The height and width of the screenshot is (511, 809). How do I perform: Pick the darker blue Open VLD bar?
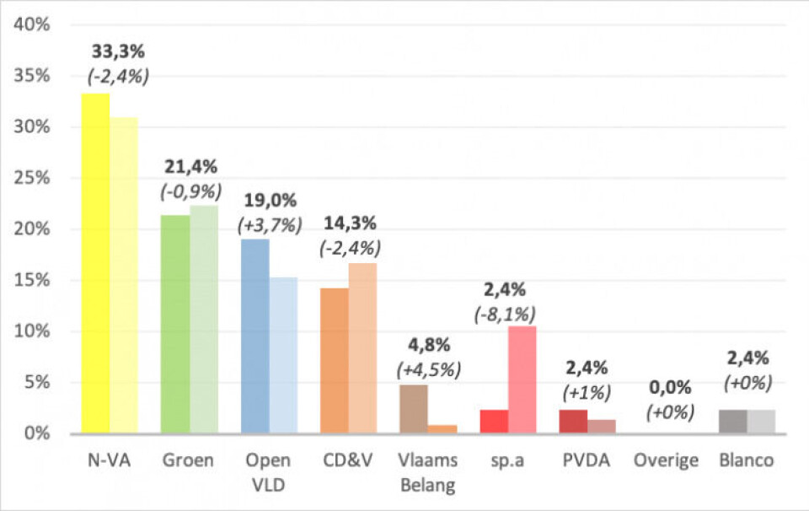pyautogui.click(x=254, y=336)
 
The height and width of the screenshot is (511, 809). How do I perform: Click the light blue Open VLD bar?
pyautogui.click(x=283, y=355)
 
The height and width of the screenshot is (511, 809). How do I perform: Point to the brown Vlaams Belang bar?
pyautogui.click(x=413, y=409)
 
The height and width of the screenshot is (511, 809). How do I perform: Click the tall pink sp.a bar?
pyautogui.click(x=522, y=379)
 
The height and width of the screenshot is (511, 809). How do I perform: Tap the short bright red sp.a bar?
pyautogui.click(x=494, y=422)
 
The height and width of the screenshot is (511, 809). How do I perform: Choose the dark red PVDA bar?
pyautogui.click(x=573, y=422)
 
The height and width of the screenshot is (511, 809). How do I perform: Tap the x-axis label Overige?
pyautogui.click(x=667, y=460)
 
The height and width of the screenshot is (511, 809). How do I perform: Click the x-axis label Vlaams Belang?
pyautogui.click(x=426, y=472)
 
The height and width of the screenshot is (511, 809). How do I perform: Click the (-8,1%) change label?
pyautogui.click(x=506, y=314)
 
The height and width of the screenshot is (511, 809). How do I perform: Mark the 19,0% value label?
pyautogui.click(x=269, y=202)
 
